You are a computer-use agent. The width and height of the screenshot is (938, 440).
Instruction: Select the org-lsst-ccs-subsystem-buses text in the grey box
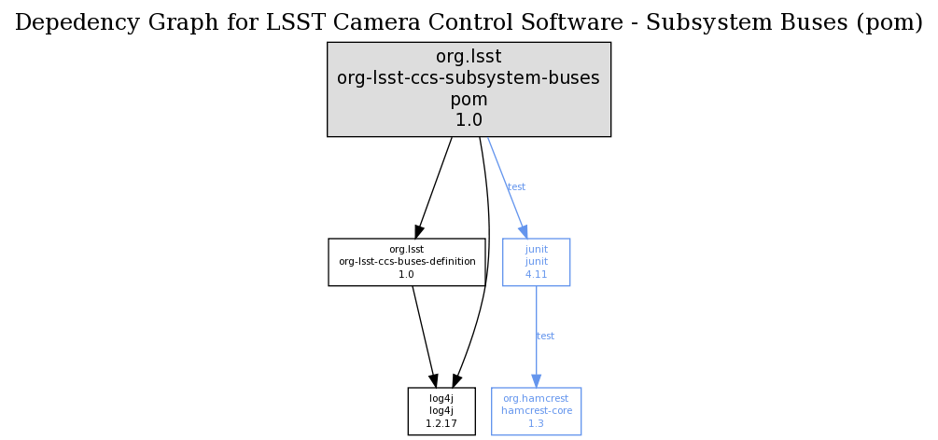pyautogui.click(x=469, y=78)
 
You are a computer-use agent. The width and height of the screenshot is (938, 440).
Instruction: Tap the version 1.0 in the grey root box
pyautogui.click(x=469, y=120)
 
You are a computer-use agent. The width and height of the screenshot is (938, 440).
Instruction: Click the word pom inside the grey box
pyautogui.click(x=469, y=100)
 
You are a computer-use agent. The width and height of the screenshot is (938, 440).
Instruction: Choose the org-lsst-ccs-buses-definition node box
pyautogui.click(x=407, y=262)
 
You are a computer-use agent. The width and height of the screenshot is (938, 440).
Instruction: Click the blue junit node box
pyautogui.click(x=536, y=262)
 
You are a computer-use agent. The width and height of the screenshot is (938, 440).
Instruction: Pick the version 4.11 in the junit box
pyautogui.click(x=536, y=275)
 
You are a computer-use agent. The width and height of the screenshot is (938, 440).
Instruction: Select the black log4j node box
pyautogui.click(x=441, y=411)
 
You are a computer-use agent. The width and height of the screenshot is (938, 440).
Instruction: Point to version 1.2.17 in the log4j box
pyautogui.click(x=441, y=423)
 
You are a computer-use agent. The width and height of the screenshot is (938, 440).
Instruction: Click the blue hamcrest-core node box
pyautogui.click(x=536, y=411)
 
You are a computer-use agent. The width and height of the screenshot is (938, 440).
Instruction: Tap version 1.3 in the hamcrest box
pyautogui.click(x=536, y=423)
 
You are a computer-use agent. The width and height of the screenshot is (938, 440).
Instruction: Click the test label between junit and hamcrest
pyautogui.click(x=546, y=336)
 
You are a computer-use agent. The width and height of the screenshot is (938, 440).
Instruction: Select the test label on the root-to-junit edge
pyautogui.click(x=516, y=187)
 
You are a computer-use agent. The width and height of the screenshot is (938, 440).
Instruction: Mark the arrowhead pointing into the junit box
pyautogui.click(x=524, y=232)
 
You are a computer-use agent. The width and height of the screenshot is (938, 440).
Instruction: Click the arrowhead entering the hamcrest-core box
pyautogui.click(x=536, y=381)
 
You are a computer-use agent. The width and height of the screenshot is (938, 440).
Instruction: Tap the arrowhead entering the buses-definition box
pyautogui.click(x=419, y=232)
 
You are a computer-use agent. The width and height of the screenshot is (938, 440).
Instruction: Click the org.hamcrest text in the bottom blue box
pyautogui.click(x=536, y=398)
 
